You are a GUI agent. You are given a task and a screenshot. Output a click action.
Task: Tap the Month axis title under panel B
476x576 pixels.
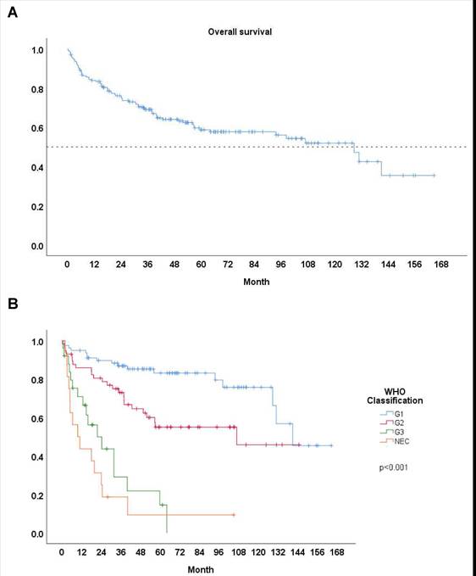pos(201,568)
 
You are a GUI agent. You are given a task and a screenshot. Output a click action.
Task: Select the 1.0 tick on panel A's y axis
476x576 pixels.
pos(37,50)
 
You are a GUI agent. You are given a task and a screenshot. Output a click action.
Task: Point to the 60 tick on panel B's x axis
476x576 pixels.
pos(163,552)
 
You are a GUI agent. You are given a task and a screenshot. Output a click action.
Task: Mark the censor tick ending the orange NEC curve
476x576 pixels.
pos(233,515)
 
